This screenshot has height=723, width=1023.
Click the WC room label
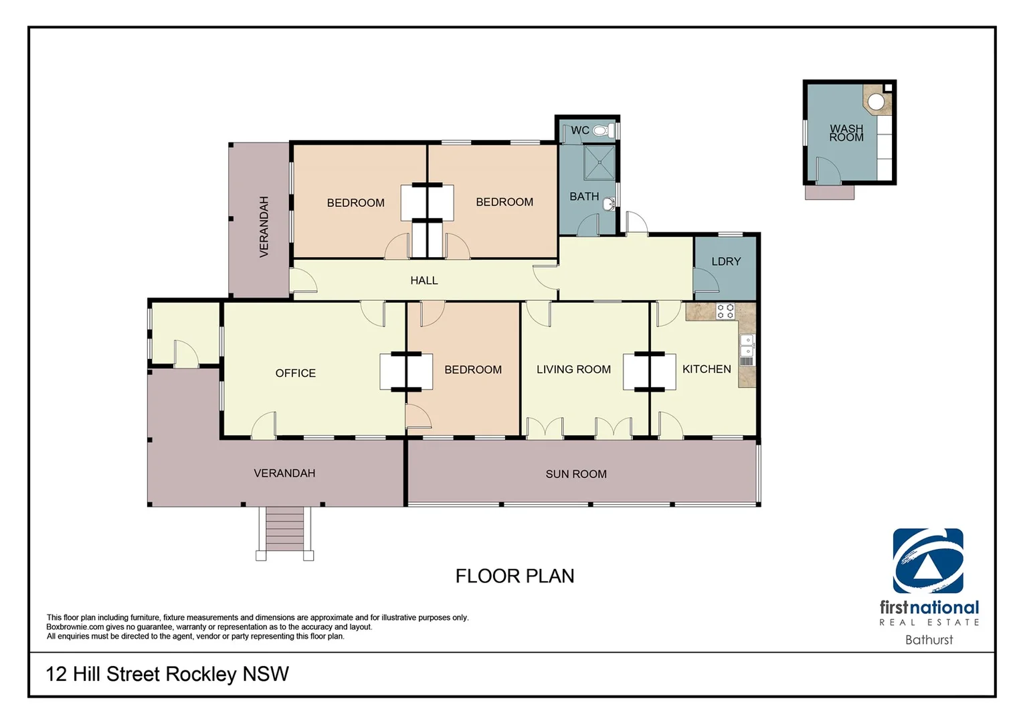(579, 130)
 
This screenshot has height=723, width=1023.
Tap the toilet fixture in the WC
(603, 130)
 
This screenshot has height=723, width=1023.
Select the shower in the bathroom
(599, 163)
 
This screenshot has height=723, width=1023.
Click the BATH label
(584, 196)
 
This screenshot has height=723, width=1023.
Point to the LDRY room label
(726, 261)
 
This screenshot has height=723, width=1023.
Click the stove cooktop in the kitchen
(725, 311)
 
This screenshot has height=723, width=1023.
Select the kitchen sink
(747, 346)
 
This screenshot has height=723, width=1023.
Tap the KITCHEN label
(706, 369)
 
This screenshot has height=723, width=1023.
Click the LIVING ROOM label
(573, 369)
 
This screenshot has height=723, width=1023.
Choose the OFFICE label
(295, 373)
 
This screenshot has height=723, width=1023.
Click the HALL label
(424, 280)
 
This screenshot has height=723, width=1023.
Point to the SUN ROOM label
(576, 474)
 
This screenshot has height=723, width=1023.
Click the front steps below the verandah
(285, 529)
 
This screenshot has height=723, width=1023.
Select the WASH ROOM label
(846, 133)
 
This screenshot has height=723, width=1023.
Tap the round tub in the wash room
(876, 102)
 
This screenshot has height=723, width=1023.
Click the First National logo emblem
(928, 561)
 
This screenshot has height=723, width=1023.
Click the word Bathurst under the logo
(929, 640)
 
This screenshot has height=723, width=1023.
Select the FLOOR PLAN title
(515, 576)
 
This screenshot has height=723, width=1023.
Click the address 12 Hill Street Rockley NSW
(167, 673)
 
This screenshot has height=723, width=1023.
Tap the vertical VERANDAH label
(264, 226)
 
